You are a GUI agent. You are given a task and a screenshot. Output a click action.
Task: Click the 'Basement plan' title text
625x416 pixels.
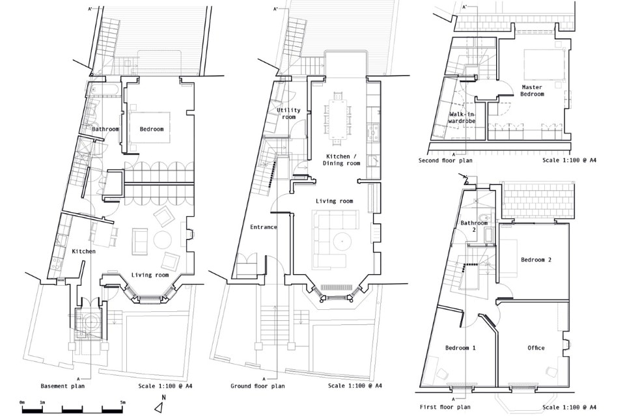click(x=62, y=385)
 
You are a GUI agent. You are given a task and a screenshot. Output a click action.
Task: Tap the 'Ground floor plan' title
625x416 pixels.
click(x=258, y=385)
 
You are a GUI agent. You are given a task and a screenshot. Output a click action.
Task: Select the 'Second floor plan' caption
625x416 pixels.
click(x=445, y=161)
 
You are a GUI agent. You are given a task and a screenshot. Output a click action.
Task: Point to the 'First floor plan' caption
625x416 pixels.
click(x=445, y=407)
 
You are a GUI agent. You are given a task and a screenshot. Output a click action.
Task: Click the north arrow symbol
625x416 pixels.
click(x=160, y=404)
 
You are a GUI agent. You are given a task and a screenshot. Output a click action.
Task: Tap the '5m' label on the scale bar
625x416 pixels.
click(x=122, y=402)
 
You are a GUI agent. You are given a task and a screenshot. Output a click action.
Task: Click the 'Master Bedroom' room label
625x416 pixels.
click(x=532, y=90)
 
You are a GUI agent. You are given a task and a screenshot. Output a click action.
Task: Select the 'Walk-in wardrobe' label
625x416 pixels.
click(x=462, y=117)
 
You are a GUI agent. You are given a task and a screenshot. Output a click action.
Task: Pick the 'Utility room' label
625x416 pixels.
click(x=288, y=113)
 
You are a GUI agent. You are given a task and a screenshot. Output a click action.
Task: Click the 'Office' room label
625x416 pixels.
click(x=536, y=348)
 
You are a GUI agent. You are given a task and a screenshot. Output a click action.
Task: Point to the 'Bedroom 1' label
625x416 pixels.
click(x=460, y=348)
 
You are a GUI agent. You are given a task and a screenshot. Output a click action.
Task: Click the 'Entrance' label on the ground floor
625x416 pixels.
click(x=264, y=227)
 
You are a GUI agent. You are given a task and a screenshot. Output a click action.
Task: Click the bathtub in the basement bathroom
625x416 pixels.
click(x=103, y=90)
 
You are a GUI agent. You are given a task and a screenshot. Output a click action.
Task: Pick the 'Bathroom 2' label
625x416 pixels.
click(x=474, y=227)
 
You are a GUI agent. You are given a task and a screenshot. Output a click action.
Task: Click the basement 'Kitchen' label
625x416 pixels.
click(x=84, y=251)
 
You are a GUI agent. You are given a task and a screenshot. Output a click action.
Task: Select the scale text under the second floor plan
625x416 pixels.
click(x=569, y=161)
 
